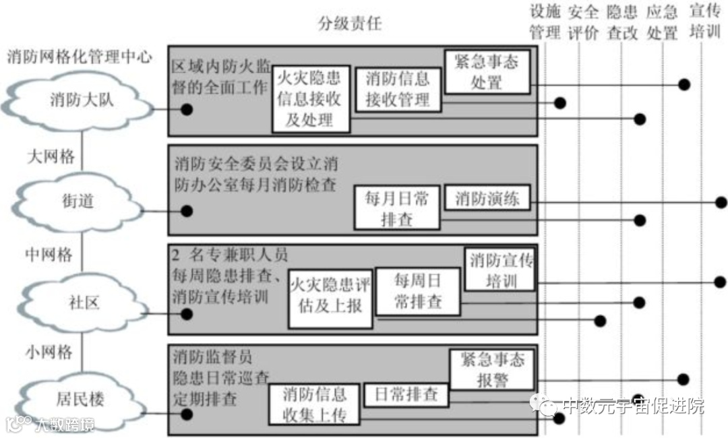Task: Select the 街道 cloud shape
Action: click(78, 201)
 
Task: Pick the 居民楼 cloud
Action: click(78, 399)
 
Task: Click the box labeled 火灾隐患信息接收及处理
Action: click(310, 100)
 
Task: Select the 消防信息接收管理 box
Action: click(397, 90)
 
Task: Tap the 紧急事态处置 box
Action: click(487, 72)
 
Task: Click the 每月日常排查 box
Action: click(397, 208)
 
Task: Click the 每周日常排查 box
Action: click(418, 292)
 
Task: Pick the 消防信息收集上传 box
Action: click(314, 404)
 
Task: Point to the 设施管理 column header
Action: click(545, 22)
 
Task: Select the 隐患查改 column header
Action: click(622, 22)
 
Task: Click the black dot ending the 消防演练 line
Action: click(721, 202)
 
